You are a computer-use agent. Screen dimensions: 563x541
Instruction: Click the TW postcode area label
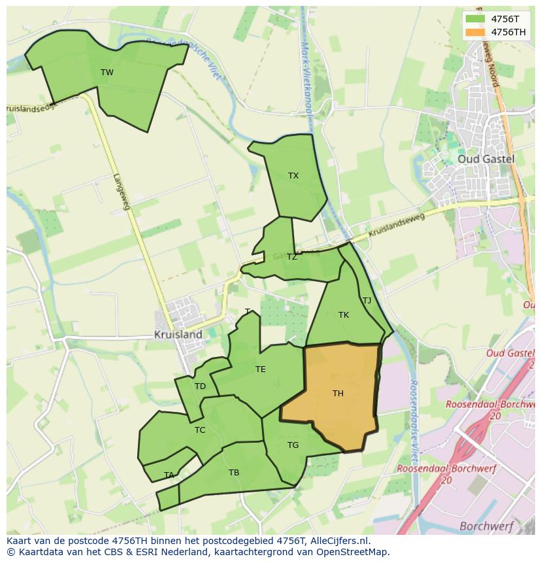click(107, 73)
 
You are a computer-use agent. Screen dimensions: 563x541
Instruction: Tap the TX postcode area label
click(293, 176)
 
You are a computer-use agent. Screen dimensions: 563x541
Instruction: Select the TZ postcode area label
click(291, 257)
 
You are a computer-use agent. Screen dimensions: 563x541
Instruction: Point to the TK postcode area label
click(344, 315)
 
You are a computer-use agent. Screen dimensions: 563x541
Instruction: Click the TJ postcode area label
click(367, 301)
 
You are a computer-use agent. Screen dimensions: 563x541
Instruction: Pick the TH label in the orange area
click(338, 394)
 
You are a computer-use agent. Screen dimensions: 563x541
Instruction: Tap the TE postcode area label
click(260, 369)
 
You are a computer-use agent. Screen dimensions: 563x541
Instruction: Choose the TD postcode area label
click(200, 386)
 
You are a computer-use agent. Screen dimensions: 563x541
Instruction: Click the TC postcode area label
click(200, 430)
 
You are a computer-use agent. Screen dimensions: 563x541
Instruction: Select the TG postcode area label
click(293, 445)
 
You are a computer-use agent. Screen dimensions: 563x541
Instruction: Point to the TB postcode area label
click(234, 473)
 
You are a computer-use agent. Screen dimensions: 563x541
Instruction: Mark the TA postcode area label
click(169, 475)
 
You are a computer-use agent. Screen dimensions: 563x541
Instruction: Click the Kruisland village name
click(178, 334)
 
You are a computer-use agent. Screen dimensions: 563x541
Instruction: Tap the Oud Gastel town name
click(485, 159)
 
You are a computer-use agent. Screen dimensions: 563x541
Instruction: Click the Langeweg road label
click(122, 191)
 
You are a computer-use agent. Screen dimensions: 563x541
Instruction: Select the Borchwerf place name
click(486, 526)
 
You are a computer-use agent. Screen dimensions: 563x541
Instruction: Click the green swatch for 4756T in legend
click(476, 19)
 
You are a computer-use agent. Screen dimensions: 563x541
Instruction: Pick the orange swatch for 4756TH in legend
click(476, 32)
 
